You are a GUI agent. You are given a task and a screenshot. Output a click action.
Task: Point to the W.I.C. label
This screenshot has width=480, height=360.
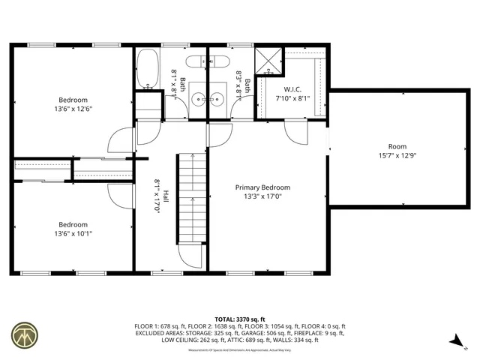pyautogui.click(x=292, y=88)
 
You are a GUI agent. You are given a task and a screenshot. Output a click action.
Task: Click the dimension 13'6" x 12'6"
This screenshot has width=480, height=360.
pyautogui.click(x=73, y=109)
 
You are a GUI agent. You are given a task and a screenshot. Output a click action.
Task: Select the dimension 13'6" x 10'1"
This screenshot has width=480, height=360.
pyautogui.click(x=73, y=233)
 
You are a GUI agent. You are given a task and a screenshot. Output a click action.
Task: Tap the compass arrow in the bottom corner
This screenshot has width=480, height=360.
pyautogui.click(x=454, y=340)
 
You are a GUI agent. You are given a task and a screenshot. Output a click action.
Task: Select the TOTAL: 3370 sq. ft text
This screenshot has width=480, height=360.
pyautogui.click(x=240, y=319)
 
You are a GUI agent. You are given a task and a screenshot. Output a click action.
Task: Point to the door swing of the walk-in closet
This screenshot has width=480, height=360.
pyautogui.click(x=295, y=136)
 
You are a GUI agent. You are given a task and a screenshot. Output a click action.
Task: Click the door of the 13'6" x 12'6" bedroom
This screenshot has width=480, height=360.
pyautogui.click(x=120, y=139)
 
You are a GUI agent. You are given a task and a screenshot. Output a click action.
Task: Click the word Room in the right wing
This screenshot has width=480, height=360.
pyautogui.click(x=397, y=146)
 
